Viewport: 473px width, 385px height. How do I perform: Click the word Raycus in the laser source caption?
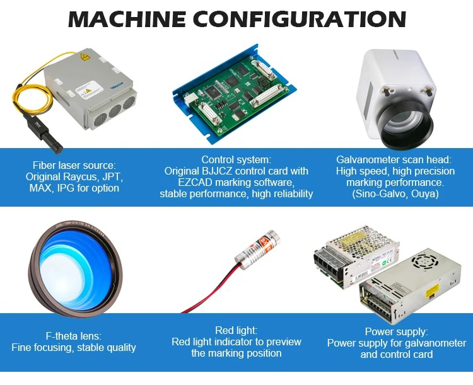(71, 176)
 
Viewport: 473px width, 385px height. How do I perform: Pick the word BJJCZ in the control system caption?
(221, 171)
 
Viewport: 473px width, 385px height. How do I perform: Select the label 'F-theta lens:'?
(73, 336)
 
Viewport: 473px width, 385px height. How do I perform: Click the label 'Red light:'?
(237, 330)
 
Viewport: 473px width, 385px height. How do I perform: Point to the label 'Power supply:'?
(396, 331)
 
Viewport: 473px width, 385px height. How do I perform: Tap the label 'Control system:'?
(236, 159)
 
